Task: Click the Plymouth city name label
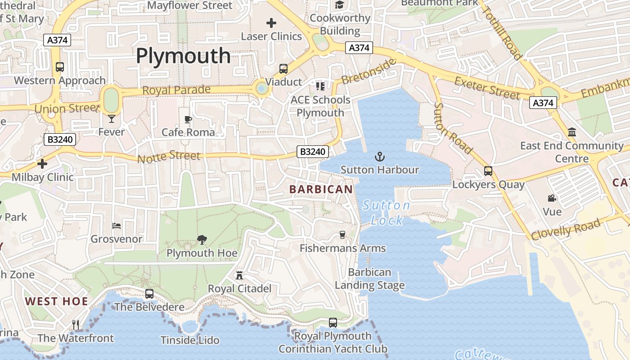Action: tap(183, 56)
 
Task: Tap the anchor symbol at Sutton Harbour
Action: tap(380, 157)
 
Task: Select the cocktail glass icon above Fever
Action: tap(112, 119)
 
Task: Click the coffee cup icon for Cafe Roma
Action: tap(188, 119)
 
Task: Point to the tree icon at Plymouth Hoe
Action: tap(202, 240)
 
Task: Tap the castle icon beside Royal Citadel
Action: tap(239, 275)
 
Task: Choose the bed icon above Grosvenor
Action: tap(116, 225)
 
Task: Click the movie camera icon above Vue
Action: tap(552, 198)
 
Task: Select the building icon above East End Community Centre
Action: tap(572, 132)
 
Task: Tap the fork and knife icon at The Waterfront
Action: tap(76, 324)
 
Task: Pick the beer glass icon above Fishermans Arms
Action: tap(342, 235)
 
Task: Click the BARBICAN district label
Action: tap(321, 189)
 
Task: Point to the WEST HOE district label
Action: tap(57, 301)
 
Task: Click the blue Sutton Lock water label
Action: tap(387, 213)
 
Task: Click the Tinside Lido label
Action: tap(190, 340)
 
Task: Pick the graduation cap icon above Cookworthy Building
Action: tap(339, 5)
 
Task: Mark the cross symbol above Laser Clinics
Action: tap(271, 22)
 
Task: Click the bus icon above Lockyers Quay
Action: tap(488, 171)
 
